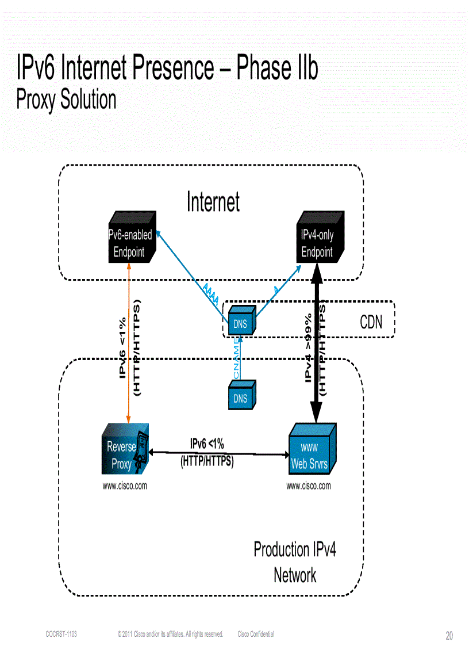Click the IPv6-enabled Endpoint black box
(x=130, y=243)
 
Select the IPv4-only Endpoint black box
(x=318, y=243)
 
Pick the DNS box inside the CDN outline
(x=240, y=324)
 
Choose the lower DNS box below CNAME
(x=240, y=398)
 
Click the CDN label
(x=371, y=322)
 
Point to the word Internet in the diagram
(x=213, y=202)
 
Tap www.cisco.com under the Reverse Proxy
(x=125, y=486)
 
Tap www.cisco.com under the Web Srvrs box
(x=309, y=486)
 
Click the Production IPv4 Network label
(x=295, y=562)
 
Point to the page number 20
(x=449, y=636)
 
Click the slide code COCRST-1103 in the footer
(x=61, y=634)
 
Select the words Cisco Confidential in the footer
(x=256, y=634)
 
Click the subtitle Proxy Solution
(x=66, y=100)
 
